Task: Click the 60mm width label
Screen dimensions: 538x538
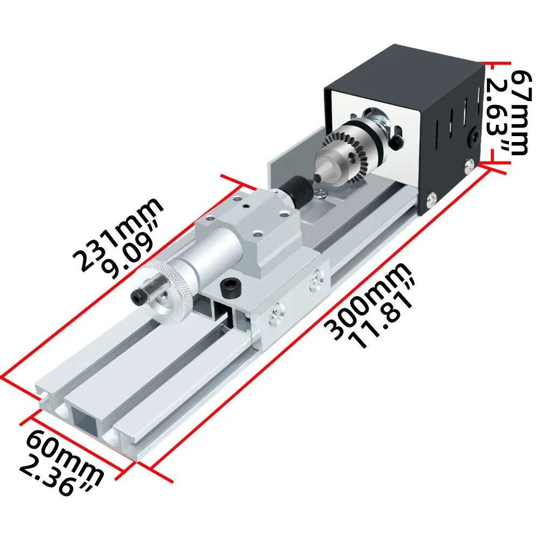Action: pos(65,452)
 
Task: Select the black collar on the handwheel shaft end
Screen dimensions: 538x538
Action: pos(143,296)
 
